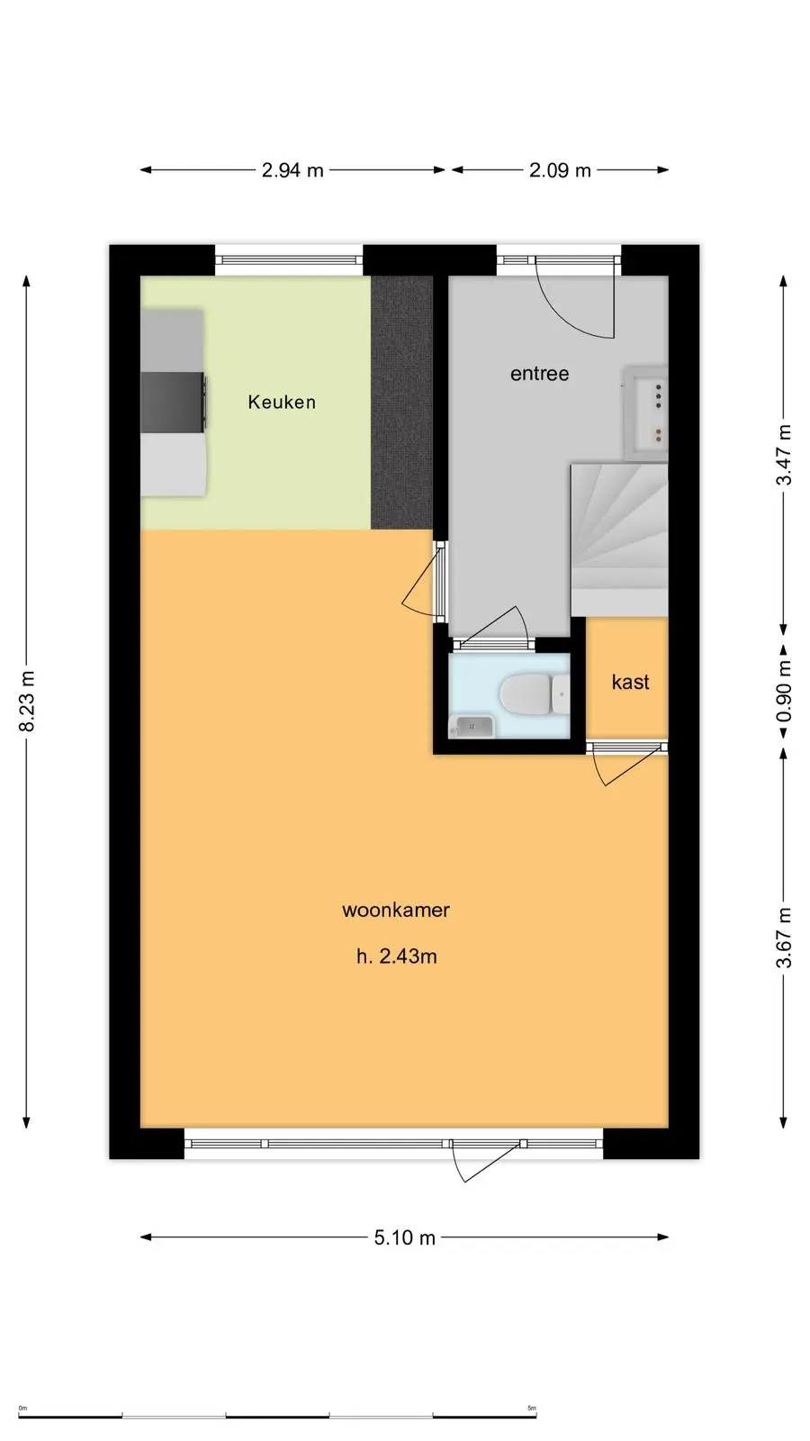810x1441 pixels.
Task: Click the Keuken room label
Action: click(282, 402)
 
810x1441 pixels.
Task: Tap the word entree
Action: click(539, 374)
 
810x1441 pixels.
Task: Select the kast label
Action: click(630, 682)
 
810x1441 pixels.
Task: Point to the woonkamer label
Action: click(396, 910)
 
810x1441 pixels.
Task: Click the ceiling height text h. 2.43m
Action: click(397, 956)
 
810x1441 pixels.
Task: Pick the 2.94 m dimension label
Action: click(292, 170)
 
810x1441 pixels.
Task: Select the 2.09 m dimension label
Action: click(560, 170)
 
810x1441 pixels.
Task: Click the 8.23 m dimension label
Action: click(28, 702)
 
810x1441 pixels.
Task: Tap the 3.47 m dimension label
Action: click(784, 455)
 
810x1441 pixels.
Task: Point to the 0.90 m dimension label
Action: click(784, 692)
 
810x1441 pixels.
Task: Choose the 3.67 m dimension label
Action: click(784, 938)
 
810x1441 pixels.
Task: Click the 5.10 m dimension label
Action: click(405, 1237)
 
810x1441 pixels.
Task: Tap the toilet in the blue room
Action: click(535, 694)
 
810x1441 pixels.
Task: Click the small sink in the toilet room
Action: click(472, 726)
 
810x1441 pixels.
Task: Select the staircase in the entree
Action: click(620, 539)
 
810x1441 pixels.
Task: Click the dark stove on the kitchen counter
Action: click(174, 402)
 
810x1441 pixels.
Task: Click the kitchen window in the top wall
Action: click(289, 260)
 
